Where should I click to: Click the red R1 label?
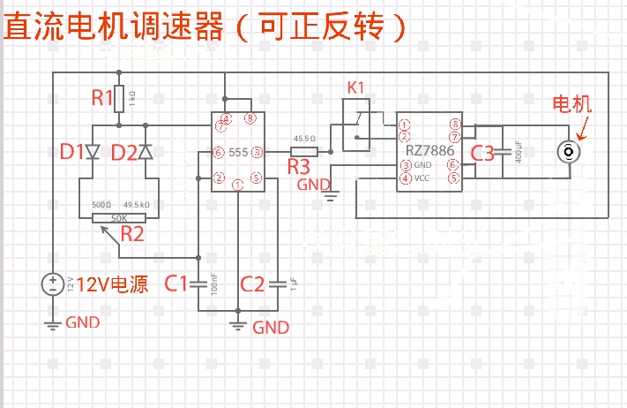(103, 97)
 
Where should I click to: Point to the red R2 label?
(132, 234)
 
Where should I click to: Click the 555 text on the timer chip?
(238, 153)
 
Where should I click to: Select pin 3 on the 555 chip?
(257, 153)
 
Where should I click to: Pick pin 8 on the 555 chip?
(251, 118)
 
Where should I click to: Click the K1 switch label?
(355, 87)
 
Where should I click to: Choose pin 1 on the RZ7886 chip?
(404, 125)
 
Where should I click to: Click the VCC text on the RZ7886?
(422, 178)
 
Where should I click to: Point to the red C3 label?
(482, 153)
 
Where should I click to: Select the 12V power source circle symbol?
(53, 283)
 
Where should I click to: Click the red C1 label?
(176, 283)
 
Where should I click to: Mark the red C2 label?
(252, 283)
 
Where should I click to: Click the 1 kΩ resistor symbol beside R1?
(120, 99)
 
